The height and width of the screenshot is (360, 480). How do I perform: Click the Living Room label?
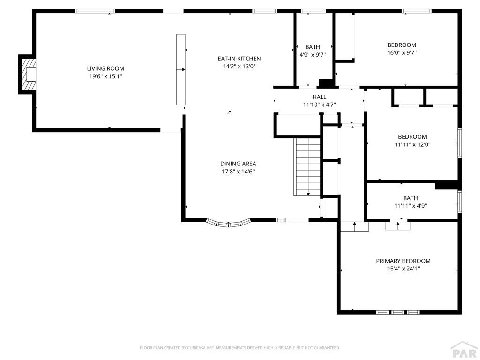(x=105, y=68)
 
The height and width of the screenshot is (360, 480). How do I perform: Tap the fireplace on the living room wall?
(x=27, y=74)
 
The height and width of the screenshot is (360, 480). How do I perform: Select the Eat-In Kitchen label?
(x=239, y=59)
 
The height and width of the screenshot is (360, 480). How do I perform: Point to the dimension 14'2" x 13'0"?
(x=239, y=67)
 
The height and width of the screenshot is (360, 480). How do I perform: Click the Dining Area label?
(x=238, y=164)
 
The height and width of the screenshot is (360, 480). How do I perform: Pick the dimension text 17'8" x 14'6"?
(x=238, y=172)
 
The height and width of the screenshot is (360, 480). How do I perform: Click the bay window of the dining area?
(x=228, y=223)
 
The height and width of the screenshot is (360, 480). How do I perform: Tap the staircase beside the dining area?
(x=307, y=167)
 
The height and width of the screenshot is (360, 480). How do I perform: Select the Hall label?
(x=319, y=97)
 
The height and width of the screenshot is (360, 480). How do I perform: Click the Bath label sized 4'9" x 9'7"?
(x=313, y=47)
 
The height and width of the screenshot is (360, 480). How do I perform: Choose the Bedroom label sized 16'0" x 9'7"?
(x=402, y=45)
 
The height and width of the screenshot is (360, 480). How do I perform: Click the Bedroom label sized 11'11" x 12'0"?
(x=412, y=137)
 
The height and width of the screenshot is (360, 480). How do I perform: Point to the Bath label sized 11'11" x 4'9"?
(x=411, y=198)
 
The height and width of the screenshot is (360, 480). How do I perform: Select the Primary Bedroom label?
(x=404, y=261)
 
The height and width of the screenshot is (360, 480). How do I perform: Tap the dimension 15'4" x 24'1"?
(x=404, y=269)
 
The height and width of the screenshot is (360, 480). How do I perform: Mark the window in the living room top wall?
(x=95, y=11)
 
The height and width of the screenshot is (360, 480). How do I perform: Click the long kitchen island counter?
(x=181, y=69)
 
